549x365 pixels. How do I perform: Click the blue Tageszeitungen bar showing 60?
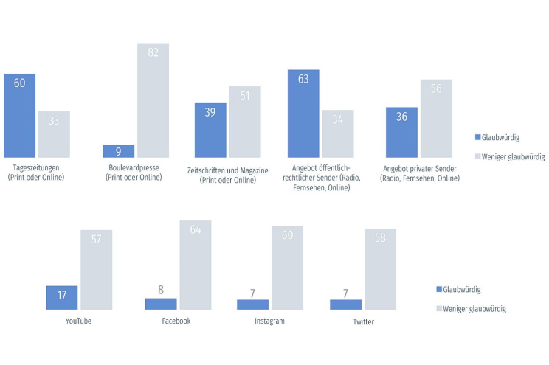pyautogui.click(x=19, y=116)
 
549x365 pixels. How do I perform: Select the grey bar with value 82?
pyautogui.click(x=153, y=100)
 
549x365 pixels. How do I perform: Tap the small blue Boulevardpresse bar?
pyautogui.click(x=118, y=151)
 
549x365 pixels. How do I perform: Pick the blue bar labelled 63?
pyautogui.click(x=303, y=114)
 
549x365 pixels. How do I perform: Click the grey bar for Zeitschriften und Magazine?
pyautogui.click(x=245, y=122)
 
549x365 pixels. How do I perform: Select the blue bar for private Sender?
pyautogui.click(x=401, y=133)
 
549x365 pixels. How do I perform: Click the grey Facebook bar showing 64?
pyautogui.click(x=196, y=265)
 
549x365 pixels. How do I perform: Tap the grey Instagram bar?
pyautogui.click(x=287, y=268)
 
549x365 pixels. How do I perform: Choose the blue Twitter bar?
pyautogui.click(x=345, y=304)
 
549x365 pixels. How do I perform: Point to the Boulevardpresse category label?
pyautogui.click(x=134, y=167)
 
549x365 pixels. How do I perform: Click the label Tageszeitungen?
pyautogui.click(x=35, y=167)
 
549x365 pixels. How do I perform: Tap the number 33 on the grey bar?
pyautogui.click(x=54, y=122)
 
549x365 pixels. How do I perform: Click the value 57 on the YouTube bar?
pyautogui.click(x=96, y=241)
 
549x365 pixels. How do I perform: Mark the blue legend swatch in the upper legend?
pyautogui.click(x=477, y=137)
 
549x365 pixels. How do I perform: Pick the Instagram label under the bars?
pyautogui.click(x=269, y=321)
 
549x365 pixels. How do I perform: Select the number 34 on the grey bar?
pyautogui.click(x=338, y=120)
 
